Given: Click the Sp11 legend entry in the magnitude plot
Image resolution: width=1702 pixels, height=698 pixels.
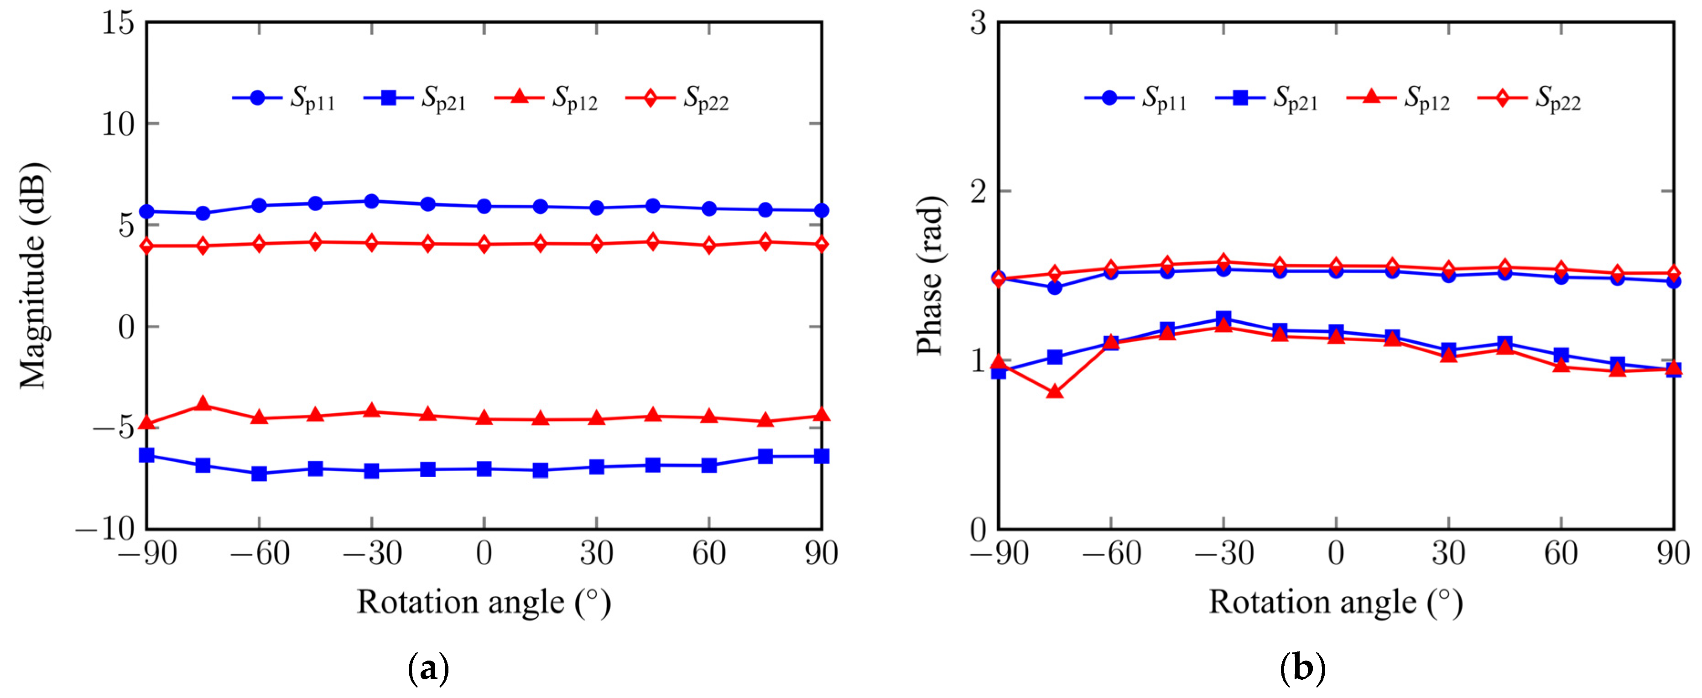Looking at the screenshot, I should [284, 99].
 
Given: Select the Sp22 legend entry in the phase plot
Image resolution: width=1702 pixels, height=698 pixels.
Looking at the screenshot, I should [1529, 99].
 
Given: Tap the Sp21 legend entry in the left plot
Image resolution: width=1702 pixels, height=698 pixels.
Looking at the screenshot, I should [415, 99].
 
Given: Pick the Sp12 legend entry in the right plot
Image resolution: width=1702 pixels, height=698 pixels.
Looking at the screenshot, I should [1398, 99].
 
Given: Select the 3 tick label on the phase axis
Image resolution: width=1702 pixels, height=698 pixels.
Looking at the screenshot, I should [978, 24].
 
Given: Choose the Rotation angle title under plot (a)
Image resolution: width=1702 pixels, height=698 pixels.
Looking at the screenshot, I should [484, 603].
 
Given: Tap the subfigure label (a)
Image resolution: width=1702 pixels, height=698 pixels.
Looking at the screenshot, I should [429, 669].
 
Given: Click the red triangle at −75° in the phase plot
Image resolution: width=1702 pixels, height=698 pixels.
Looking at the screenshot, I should [1055, 392].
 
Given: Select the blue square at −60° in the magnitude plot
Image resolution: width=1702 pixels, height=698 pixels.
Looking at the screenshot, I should [259, 473].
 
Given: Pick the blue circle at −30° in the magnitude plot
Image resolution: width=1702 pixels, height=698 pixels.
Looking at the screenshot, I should [372, 201].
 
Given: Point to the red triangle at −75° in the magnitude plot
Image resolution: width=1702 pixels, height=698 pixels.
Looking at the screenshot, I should [203, 404].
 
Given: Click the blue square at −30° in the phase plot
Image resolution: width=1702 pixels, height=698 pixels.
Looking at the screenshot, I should [1223, 318].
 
